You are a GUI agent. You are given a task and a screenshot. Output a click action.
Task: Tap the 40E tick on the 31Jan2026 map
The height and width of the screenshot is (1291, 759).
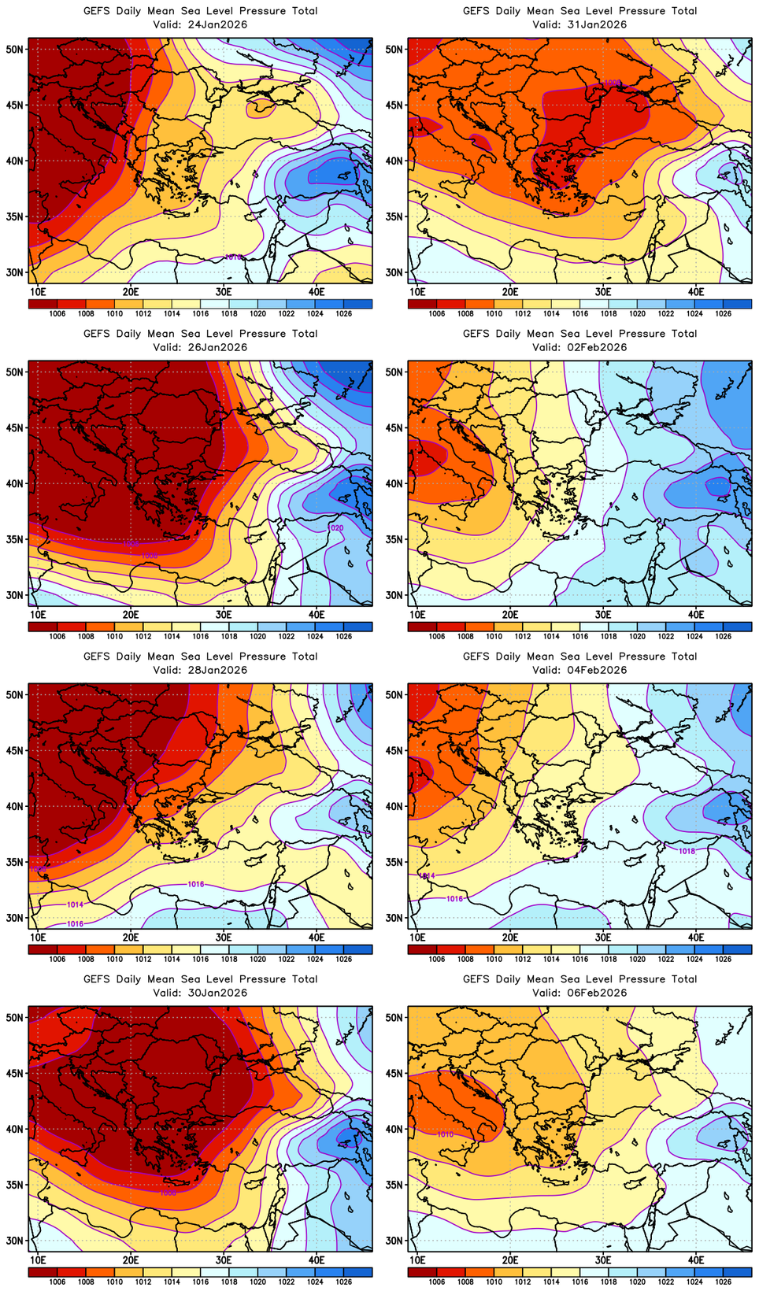click(x=696, y=291)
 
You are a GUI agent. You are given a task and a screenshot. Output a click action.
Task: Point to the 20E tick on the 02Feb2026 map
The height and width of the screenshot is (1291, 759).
click(x=510, y=614)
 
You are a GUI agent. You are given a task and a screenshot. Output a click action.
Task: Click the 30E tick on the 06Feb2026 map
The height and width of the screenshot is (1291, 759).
click(x=603, y=1260)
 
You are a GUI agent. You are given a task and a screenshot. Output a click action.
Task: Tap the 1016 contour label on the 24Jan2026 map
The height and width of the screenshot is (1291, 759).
click(x=233, y=257)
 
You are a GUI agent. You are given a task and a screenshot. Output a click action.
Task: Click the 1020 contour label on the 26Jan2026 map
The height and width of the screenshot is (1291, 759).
click(x=335, y=527)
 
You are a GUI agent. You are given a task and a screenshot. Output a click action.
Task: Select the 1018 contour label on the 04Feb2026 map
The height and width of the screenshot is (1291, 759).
click(x=687, y=851)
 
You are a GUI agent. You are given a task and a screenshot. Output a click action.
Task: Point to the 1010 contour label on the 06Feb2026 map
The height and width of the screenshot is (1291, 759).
click(x=445, y=1134)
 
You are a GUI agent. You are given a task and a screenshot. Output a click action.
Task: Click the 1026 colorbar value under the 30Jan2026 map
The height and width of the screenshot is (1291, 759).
click(x=343, y=1282)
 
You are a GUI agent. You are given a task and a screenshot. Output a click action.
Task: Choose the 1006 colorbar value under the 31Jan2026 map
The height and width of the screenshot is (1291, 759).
click(x=437, y=313)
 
